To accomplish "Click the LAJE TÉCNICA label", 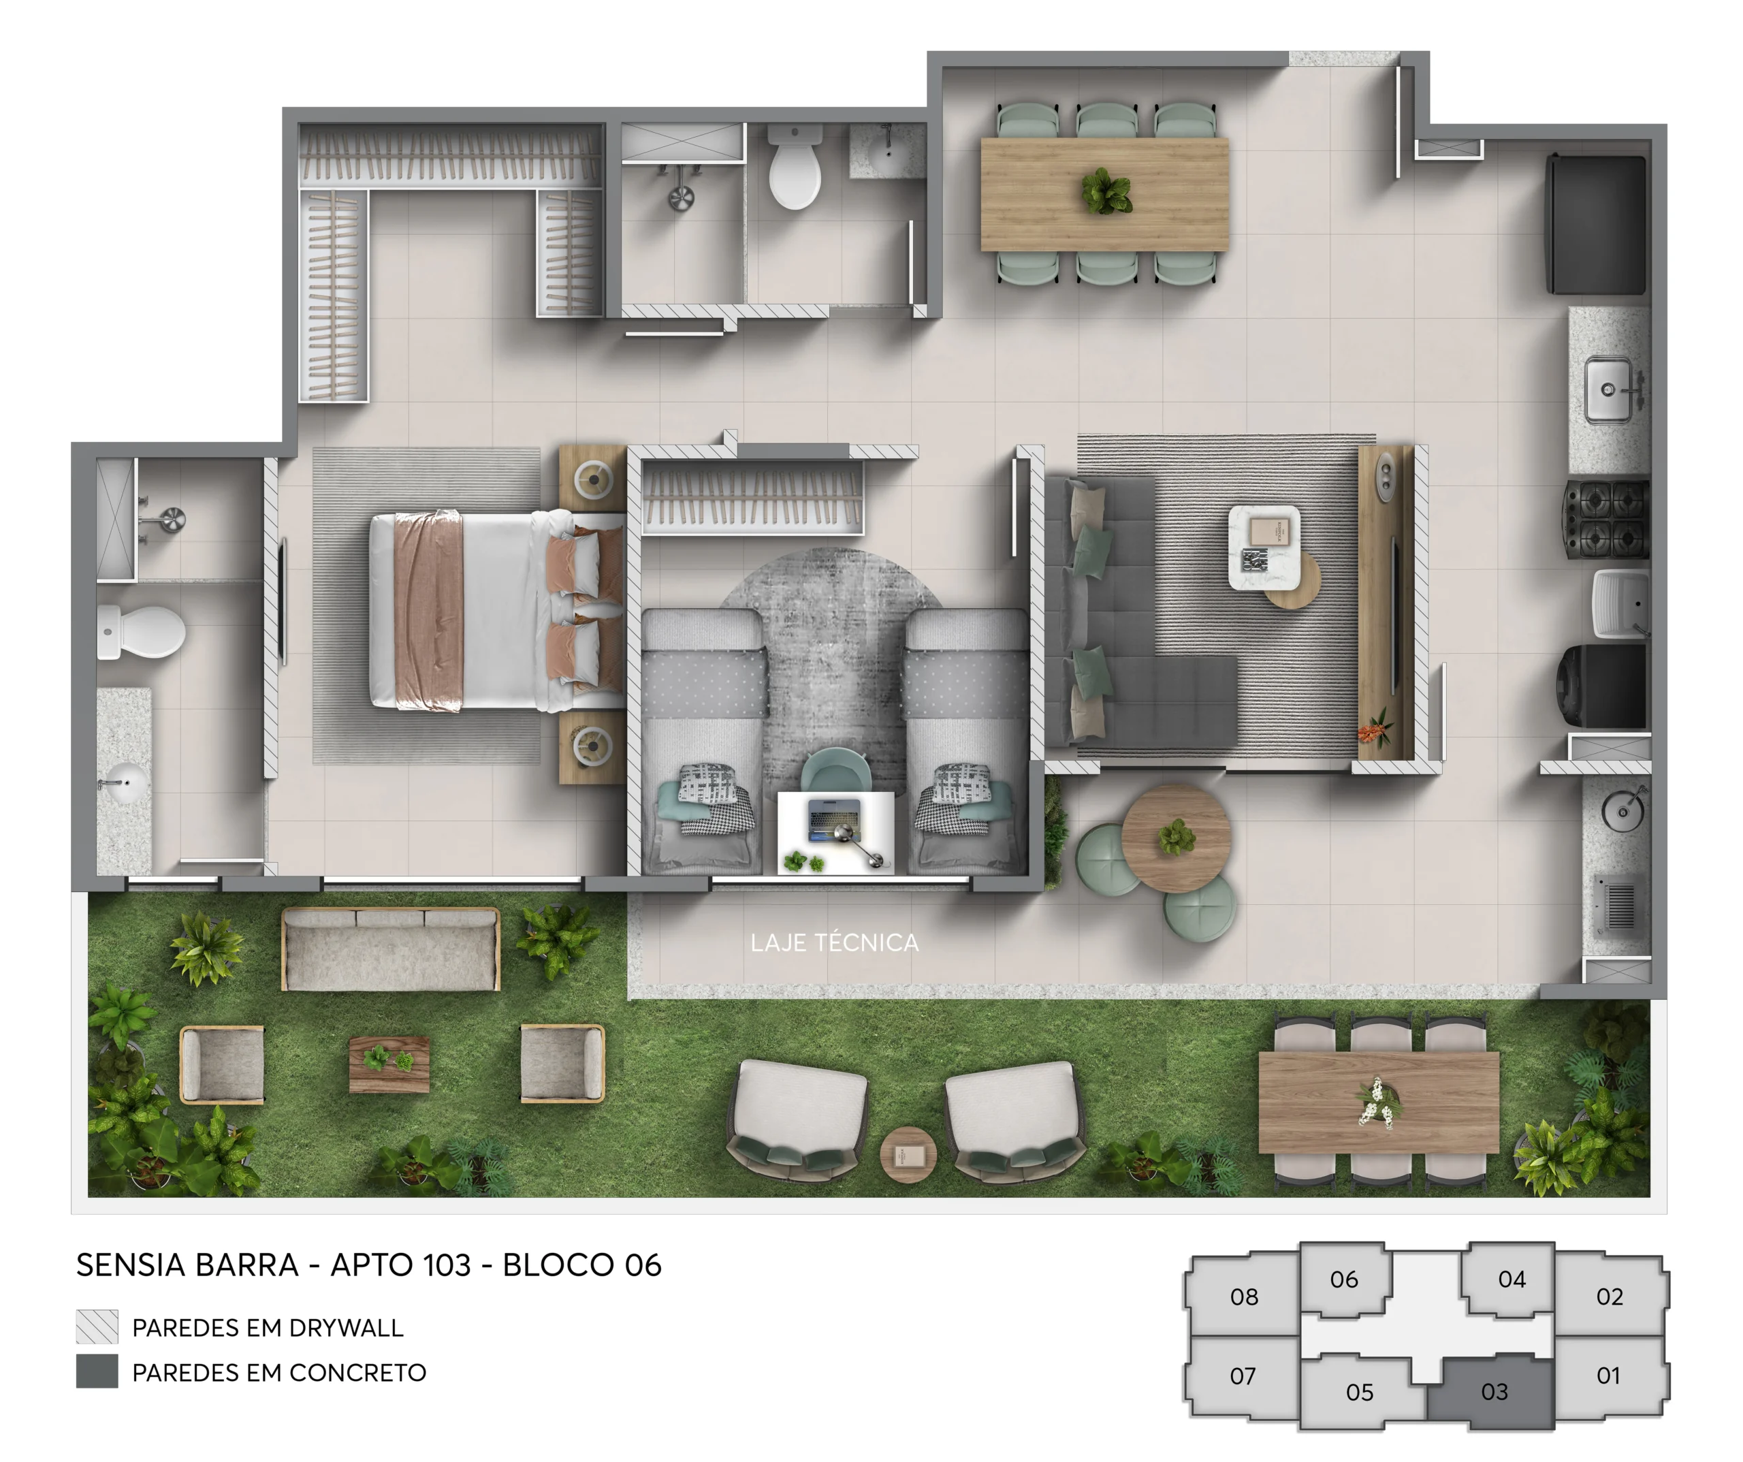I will point(834,943).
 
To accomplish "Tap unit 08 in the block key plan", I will point(1243,1297).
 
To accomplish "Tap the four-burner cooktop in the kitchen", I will point(1608,520).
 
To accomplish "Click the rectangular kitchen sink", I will point(1609,389).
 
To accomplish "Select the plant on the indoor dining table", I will point(1106,192).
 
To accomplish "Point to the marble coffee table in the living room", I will point(1264,547).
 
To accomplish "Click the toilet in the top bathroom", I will point(795,170).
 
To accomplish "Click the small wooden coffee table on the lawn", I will point(389,1064).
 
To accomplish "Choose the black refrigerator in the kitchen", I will point(1595,224).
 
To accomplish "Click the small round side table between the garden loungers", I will point(908,1155).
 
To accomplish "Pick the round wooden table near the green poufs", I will point(1175,838).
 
